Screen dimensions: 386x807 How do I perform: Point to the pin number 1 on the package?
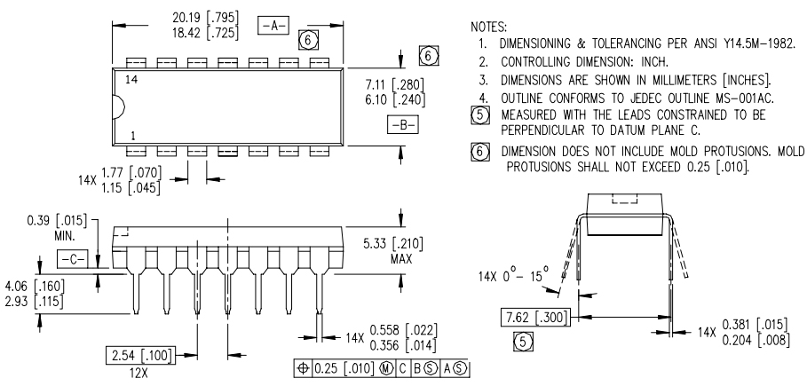tap(133, 136)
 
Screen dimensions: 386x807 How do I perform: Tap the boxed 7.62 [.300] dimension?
tap(535, 318)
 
